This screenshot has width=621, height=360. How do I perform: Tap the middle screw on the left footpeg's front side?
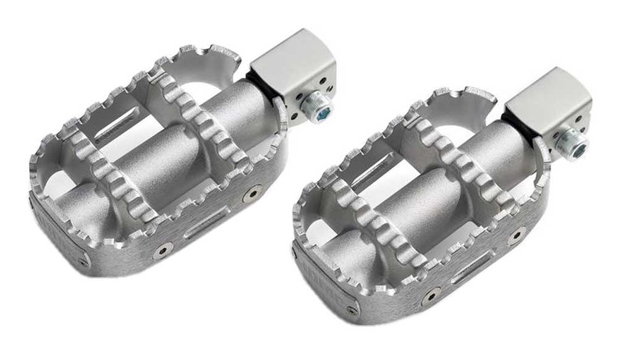click(x=164, y=250)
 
